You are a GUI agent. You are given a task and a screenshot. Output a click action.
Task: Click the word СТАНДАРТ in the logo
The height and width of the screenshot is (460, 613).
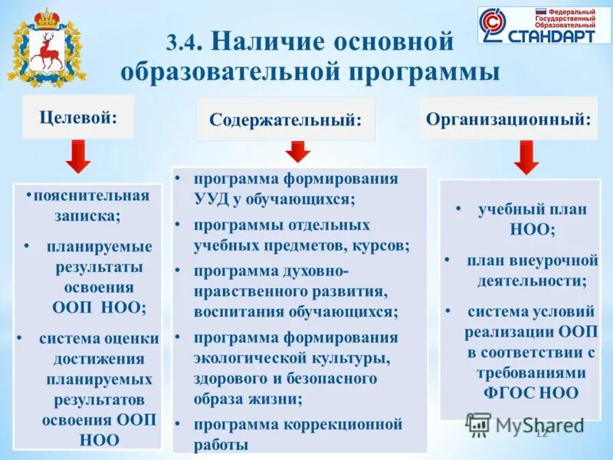tap(549, 35)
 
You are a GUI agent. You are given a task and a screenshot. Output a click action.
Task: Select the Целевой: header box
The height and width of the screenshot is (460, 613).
tap(77, 117)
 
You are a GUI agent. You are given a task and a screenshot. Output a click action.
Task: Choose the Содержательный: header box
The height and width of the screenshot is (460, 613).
tap(285, 120)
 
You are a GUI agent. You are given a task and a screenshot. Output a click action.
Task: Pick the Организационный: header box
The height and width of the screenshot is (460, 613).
tap(508, 118)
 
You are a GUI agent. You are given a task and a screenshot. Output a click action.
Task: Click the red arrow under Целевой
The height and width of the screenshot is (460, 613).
tap(77, 156)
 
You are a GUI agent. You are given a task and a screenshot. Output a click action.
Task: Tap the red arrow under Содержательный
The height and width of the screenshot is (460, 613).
tap(298, 151)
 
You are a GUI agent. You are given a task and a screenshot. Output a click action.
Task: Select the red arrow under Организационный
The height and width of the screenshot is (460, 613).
tap(525, 157)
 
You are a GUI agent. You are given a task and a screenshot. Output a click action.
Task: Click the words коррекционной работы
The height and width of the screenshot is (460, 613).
tap(299, 433)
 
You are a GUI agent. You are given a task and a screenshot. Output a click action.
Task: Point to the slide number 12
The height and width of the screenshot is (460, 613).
tap(541, 434)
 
